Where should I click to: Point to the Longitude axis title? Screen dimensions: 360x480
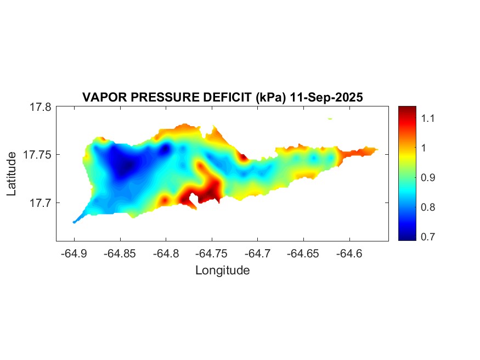pos(222,270)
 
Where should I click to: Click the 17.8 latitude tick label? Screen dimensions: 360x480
pos(41,107)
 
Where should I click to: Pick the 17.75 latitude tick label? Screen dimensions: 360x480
pos(38,155)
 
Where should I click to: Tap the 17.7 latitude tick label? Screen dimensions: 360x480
pos(41,203)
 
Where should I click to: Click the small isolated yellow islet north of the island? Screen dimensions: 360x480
pos(330,119)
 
